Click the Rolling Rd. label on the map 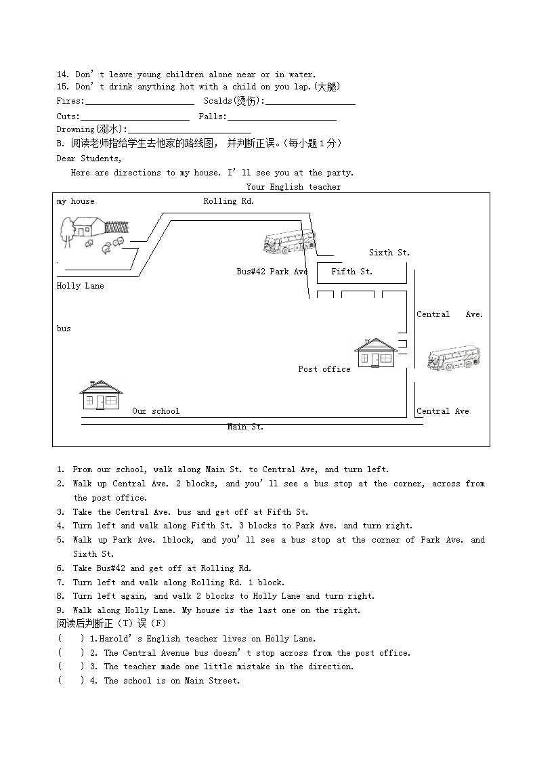229,201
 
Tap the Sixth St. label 389,253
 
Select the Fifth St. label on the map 351,272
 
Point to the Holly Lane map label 81,286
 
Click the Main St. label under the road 245,427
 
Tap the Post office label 324,369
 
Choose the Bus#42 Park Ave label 272,272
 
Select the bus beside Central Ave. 453,357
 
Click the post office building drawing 376,353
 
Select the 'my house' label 76,201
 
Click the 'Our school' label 156,411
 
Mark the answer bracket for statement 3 71,667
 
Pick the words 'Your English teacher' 294,187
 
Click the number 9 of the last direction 60,610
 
